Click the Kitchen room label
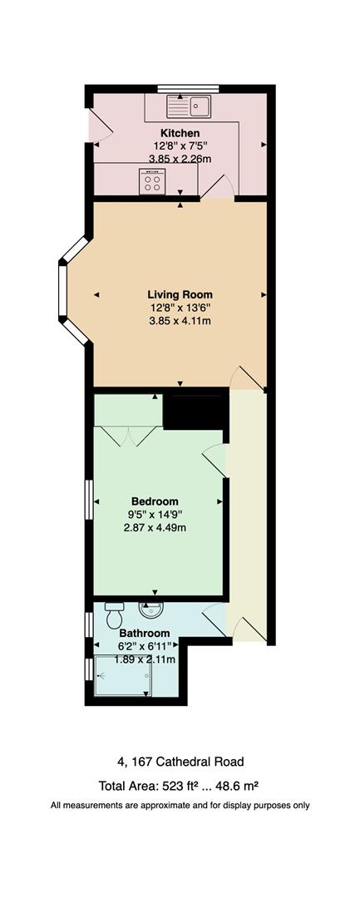(x=180, y=133)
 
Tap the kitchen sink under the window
(x=188, y=106)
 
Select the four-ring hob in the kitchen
(x=152, y=182)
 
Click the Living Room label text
(x=180, y=295)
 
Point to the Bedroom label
(x=155, y=501)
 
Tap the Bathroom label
(x=144, y=634)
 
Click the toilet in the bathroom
(x=115, y=615)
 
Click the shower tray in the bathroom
(x=122, y=675)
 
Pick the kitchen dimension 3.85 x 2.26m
(x=180, y=159)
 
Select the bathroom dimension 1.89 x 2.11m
(x=144, y=659)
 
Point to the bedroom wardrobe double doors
(x=127, y=436)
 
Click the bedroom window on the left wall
(x=89, y=500)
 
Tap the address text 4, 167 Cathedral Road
(x=180, y=762)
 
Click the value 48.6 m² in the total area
(x=235, y=785)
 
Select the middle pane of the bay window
(x=62, y=290)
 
